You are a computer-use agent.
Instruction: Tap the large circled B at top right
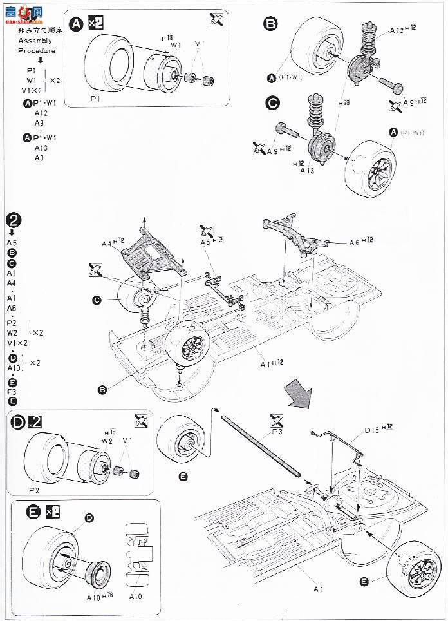click(270, 24)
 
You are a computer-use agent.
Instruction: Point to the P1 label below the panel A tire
click(95, 99)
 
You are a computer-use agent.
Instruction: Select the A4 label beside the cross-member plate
click(111, 243)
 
